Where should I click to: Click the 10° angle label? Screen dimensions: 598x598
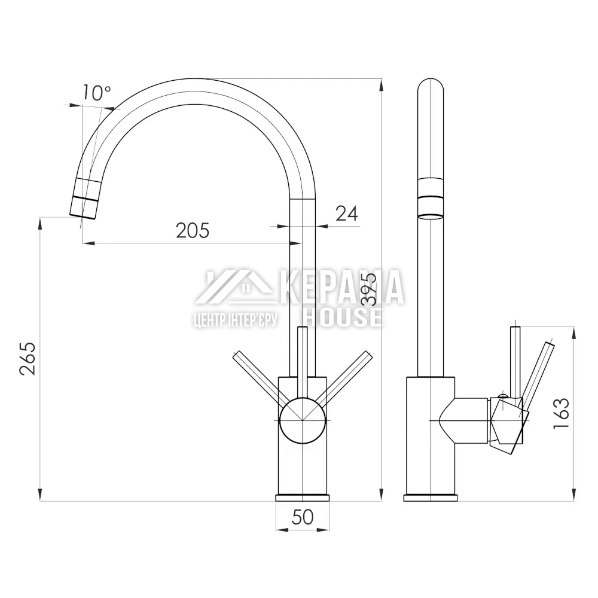click(x=96, y=93)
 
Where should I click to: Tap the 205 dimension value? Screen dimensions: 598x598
click(x=193, y=230)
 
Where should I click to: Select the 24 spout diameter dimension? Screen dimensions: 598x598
click(x=347, y=213)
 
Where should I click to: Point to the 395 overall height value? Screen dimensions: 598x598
click(x=369, y=289)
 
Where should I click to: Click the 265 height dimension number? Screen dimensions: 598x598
click(x=28, y=359)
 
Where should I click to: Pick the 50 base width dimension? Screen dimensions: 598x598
click(x=303, y=517)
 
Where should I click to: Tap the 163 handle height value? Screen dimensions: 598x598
click(x=561, y=413)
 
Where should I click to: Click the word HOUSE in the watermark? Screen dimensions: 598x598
click(x=343, y=318)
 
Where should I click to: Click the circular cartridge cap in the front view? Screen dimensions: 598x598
click(x=303, y=420)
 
